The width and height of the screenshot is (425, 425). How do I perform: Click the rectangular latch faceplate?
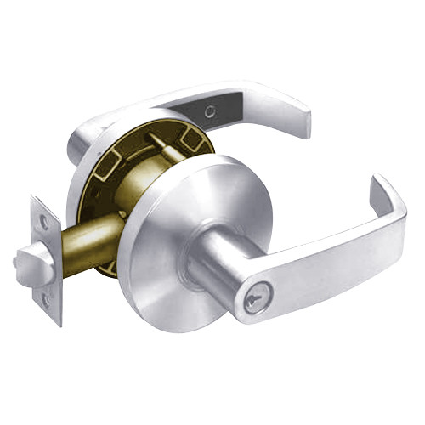click(47, 259)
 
